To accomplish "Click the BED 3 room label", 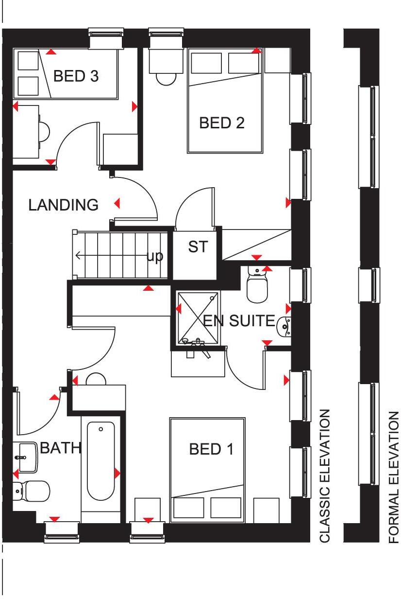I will [x=76, y=76].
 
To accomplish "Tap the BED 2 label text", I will [x=222, y=123].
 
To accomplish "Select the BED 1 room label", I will [x=211, y=449].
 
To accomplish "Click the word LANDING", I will [x=63, y=205].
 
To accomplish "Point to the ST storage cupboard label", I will [x=198, y=247].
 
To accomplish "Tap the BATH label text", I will [x=60, y=448].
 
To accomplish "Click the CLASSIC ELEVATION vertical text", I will [x=325, y=475].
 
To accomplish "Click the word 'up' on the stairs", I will [x=155, y=256].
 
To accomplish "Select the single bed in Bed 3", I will [x=66, y=74].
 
